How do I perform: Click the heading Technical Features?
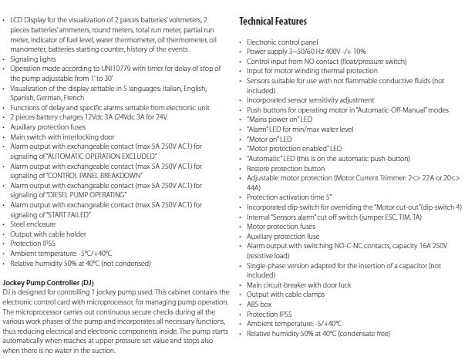[273, 21]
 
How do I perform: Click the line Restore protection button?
[286, 167]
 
